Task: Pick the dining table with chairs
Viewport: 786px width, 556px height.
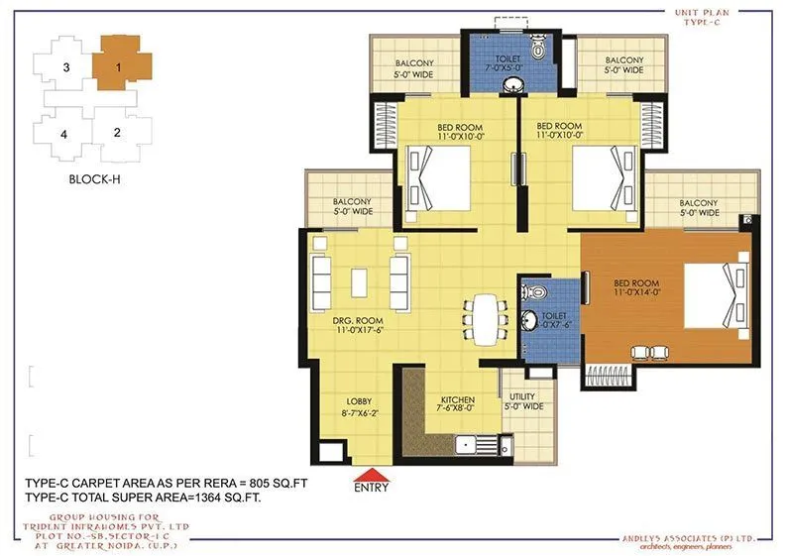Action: point(483,314)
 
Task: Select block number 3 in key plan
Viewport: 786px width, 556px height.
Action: point(65,67)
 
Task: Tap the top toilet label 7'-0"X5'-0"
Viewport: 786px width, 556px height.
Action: point(506,64)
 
